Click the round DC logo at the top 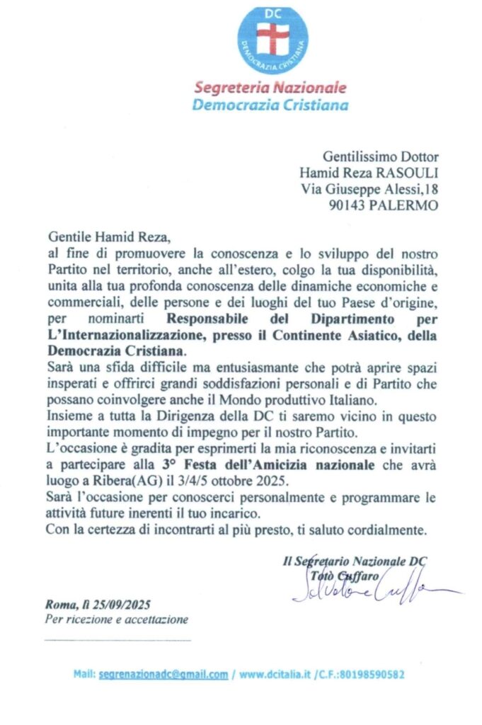(x=272, y=40)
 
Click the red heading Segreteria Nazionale (x=271, y=89)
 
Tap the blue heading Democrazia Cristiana (x=271, y=105)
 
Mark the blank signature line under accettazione (x=117, y=641)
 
